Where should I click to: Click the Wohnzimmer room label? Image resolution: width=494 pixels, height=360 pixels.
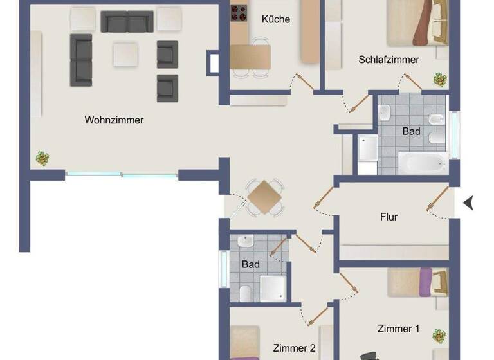click(x=114, y=120)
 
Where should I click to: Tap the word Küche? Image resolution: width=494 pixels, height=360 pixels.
click(x=275, y=19)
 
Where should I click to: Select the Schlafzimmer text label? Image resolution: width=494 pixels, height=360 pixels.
click(x=389, y=60)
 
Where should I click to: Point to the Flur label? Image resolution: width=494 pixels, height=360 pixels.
click(x=389, y=217)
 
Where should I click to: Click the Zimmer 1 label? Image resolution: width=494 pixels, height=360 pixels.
click(x=398, y=328)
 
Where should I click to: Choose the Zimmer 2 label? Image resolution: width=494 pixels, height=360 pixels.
click(x=294, y=348)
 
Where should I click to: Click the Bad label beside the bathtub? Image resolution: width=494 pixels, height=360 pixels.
click(x=411, y=132)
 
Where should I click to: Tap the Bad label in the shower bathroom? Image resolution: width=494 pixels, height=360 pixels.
click(x=250, y=264)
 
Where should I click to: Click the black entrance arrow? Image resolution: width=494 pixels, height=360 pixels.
click(x=468, y=203)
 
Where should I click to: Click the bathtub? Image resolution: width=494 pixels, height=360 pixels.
click(x=422, y=162)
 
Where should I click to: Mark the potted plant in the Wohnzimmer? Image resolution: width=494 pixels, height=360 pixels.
click(x=42, y=158)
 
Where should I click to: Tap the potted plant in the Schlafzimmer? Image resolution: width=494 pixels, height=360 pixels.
click(x=440, y=80)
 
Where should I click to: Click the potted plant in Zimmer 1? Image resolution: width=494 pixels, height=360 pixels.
click(x=439, y=336)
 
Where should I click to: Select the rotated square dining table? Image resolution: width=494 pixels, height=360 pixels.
click(x=265, y=197)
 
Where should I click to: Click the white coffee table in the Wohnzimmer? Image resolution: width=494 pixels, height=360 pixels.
click(x=125, y=55)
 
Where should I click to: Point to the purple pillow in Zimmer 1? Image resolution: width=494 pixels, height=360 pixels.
click(x=425, y=282)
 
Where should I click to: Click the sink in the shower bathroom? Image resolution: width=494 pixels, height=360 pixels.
click(x=245, y=242)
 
